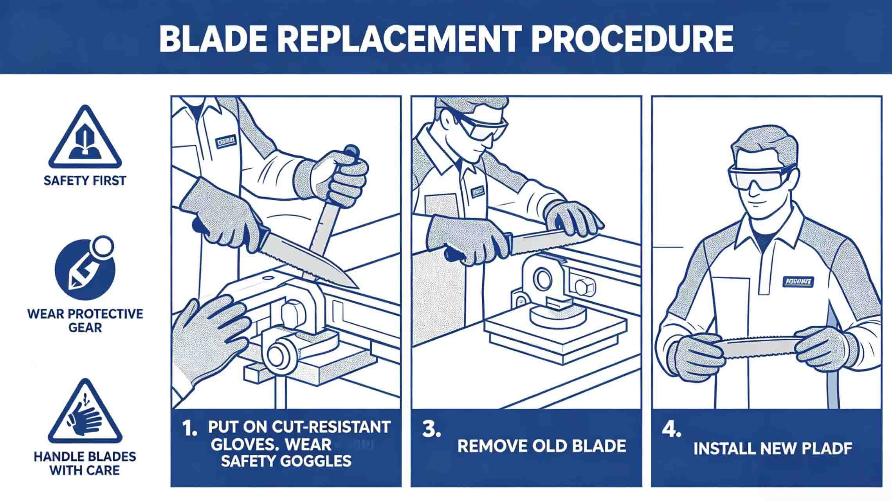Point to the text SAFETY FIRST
(x=85, y=181)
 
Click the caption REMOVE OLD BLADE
(x=542, y=446)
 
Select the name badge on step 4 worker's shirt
(x=798, y=281)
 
